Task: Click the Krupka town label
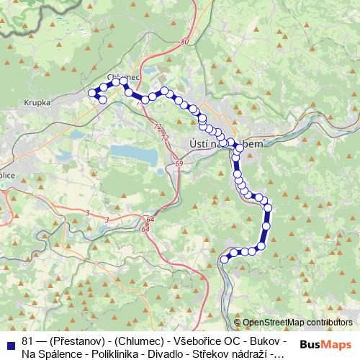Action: coord(36,103)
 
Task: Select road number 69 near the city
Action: coord(179,165)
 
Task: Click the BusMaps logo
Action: coord(327,344)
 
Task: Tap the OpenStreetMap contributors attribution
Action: coord(297,323)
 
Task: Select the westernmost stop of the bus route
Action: coord(91,91)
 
